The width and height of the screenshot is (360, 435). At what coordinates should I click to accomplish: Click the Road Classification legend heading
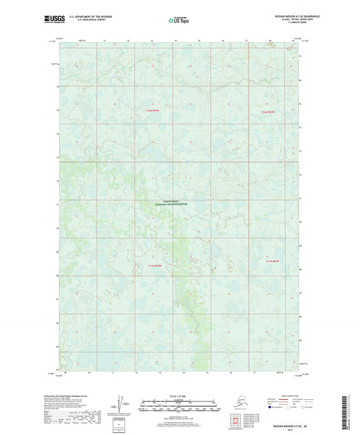(x=284, y=393)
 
